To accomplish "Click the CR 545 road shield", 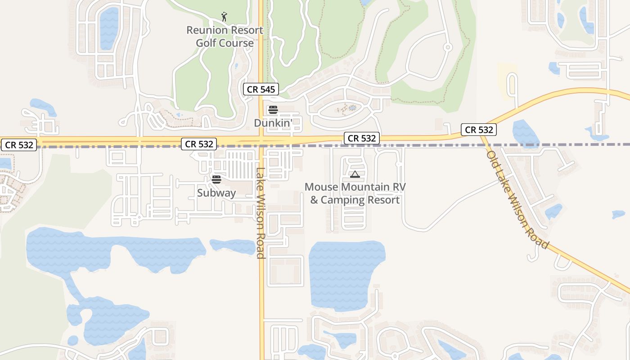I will click(261, 89).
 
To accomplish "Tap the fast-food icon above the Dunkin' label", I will click(273, 109).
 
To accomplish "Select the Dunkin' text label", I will click(273, 122).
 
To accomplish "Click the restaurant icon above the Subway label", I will click(216, 180).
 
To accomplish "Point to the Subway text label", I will click(216, 193).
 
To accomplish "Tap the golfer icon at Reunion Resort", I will click(224, 17).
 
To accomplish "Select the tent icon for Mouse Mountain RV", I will click(355, 174).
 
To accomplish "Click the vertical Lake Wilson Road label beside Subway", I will click(260, 213).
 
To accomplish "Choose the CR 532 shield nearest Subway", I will click(199, 144).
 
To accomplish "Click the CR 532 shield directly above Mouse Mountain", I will click(362, 138).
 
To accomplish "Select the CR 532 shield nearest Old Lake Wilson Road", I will click(479, 130).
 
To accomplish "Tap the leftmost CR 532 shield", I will click(18, 145).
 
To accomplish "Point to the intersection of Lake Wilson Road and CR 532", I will click(261, 141).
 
